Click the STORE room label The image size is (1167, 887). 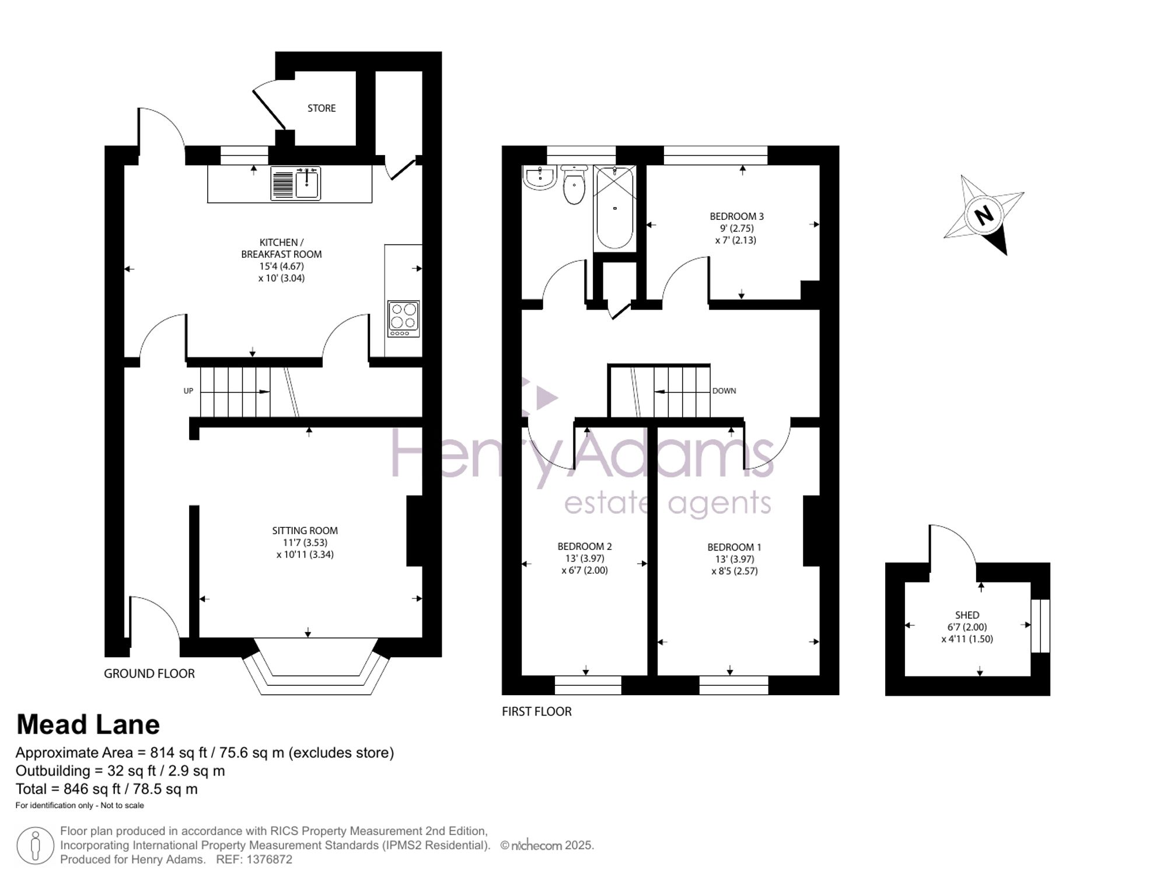pyautogui.click(x=322, y=108)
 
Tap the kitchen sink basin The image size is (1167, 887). pyautogui.click(x=307, y=184)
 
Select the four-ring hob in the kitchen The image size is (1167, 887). pyautogui.click(x=403, y=319)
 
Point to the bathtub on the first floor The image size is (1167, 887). pyautogui.click(x=614, y=208)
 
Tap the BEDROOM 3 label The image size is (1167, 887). pyautogui.click(x=736, y=216)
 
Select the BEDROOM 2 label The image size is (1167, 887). pyautogui.click(x=585, y=546)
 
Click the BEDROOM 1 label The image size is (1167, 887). pyautogui.click(x=734, y=547)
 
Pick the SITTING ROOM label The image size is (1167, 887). pyautogui.click(x=305, y=531)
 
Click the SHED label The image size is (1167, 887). pyautogui.click(x=967, y=615)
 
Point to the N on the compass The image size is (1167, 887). pyautogui.click(x=984, y=215)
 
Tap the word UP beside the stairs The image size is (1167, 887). pyautogui.click(x=188, y=391)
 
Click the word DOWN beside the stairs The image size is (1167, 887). pyautogui.click(x=724, y=391)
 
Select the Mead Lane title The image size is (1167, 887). pyautogui.click(x=88, y=725)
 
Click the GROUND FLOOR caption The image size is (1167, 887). pyautogui.click(x=149, y=674)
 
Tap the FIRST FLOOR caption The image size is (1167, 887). pyautogui.click(x=537, y=711)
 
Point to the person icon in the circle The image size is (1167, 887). pyautogui.click(x=36, y=846)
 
